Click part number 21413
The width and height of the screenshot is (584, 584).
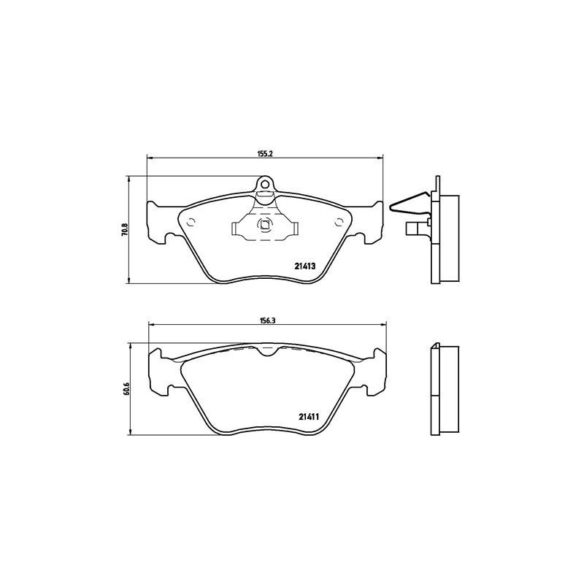[x=304, y=267]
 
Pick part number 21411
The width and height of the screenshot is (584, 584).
[x=310, y=417]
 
